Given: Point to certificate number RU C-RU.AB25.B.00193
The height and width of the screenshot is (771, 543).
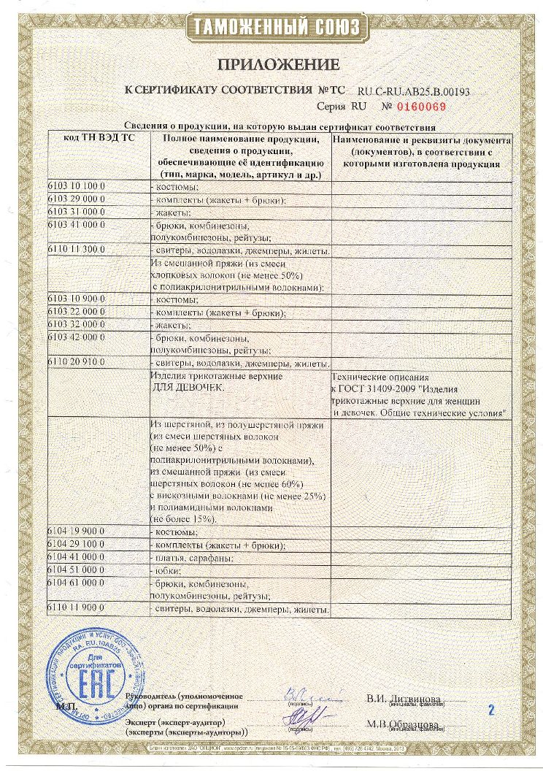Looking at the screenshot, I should pyautogui.click(x=413, y=93).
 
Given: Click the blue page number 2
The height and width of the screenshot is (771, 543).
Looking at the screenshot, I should pyautogui.click(x=491, y=709).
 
